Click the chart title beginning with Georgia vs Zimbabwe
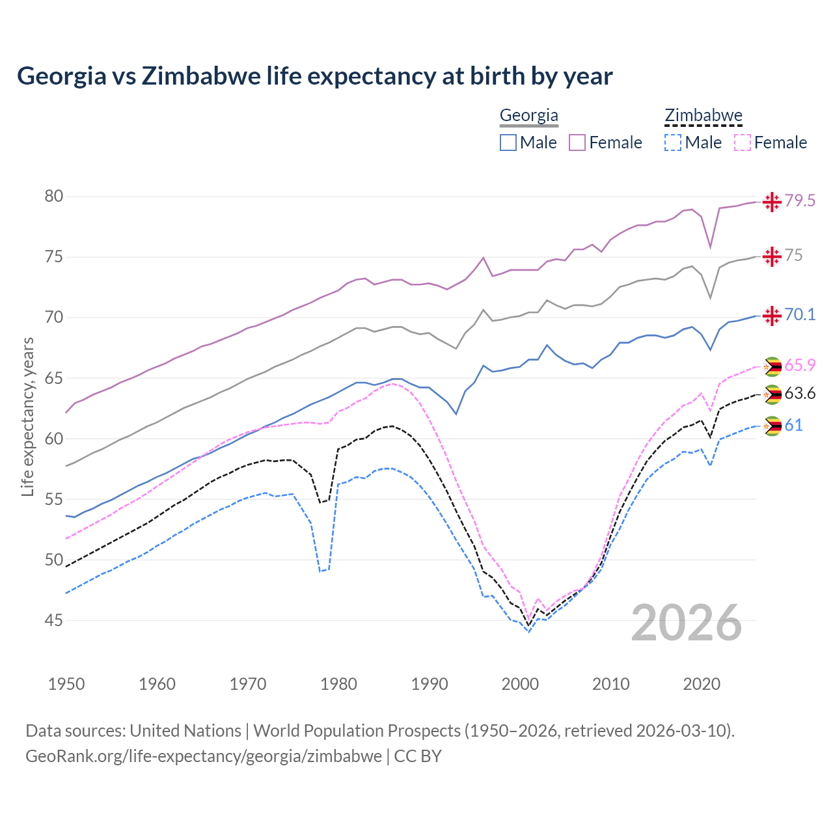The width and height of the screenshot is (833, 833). coord(314,76)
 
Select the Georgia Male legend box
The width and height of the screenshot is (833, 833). coord(508,143)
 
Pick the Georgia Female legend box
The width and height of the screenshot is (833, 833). coord(577,143)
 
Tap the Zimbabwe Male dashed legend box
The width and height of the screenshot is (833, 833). coord(673,143)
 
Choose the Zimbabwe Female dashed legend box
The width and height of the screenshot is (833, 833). coord(743,143)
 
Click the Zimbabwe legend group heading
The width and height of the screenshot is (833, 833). coord(703,116)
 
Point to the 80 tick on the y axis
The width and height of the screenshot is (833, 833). coord(53,196)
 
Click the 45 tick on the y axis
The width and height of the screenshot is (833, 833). coord(53,620)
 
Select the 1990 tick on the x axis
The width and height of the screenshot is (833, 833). coord(430,684)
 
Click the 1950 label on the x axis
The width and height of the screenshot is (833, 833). coord(66,684)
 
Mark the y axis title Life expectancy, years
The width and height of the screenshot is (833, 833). coord(27,416)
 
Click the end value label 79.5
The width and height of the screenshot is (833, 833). coord(800,200)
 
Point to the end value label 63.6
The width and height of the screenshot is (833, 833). coord(800,393)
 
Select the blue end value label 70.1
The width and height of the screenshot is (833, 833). coord(800,315)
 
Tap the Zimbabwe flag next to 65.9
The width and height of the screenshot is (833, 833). coord(772,366)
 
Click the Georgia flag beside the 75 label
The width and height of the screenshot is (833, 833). coord(772,256)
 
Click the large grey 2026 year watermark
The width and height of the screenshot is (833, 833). coord(687,623)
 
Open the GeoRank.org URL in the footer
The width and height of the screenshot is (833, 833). coord(204,756)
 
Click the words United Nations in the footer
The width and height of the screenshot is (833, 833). coord(185,731)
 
